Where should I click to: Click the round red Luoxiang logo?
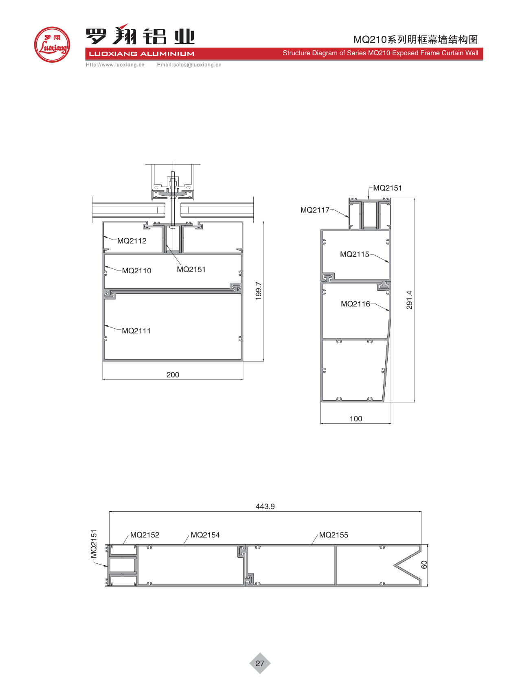click(x=52, y=45)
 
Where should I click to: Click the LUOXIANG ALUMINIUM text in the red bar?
click(x=141, y=54)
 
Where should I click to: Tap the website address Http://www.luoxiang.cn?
click(x=115, y=65)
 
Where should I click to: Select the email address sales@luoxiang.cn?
click(x=189, y=65)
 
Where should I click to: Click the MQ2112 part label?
click(x=132, y=241)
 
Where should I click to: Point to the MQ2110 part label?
click(x=136, y=271)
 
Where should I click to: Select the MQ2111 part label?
click(x=136, y=331)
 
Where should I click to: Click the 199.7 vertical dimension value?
click(x=259, y=291)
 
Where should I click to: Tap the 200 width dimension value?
click(x=173, y=375)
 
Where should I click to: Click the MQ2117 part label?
click(x=315, y=210)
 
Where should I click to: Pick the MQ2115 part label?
click(x=354, y=254)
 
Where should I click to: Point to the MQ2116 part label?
click(x=355, y=304)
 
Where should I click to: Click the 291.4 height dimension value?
click(x=409, y=300)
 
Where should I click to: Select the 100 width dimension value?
click(x=355, y=419)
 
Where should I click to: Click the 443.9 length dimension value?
click(x=265, y=506)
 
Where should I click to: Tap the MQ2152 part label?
click(x=145, y=535)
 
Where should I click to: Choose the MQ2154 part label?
click(x=205, y=535)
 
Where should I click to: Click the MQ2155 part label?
click(x=334, y=535)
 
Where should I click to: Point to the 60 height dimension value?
click(x=424, y=565)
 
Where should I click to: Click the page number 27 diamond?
click(x=260, y=663)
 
